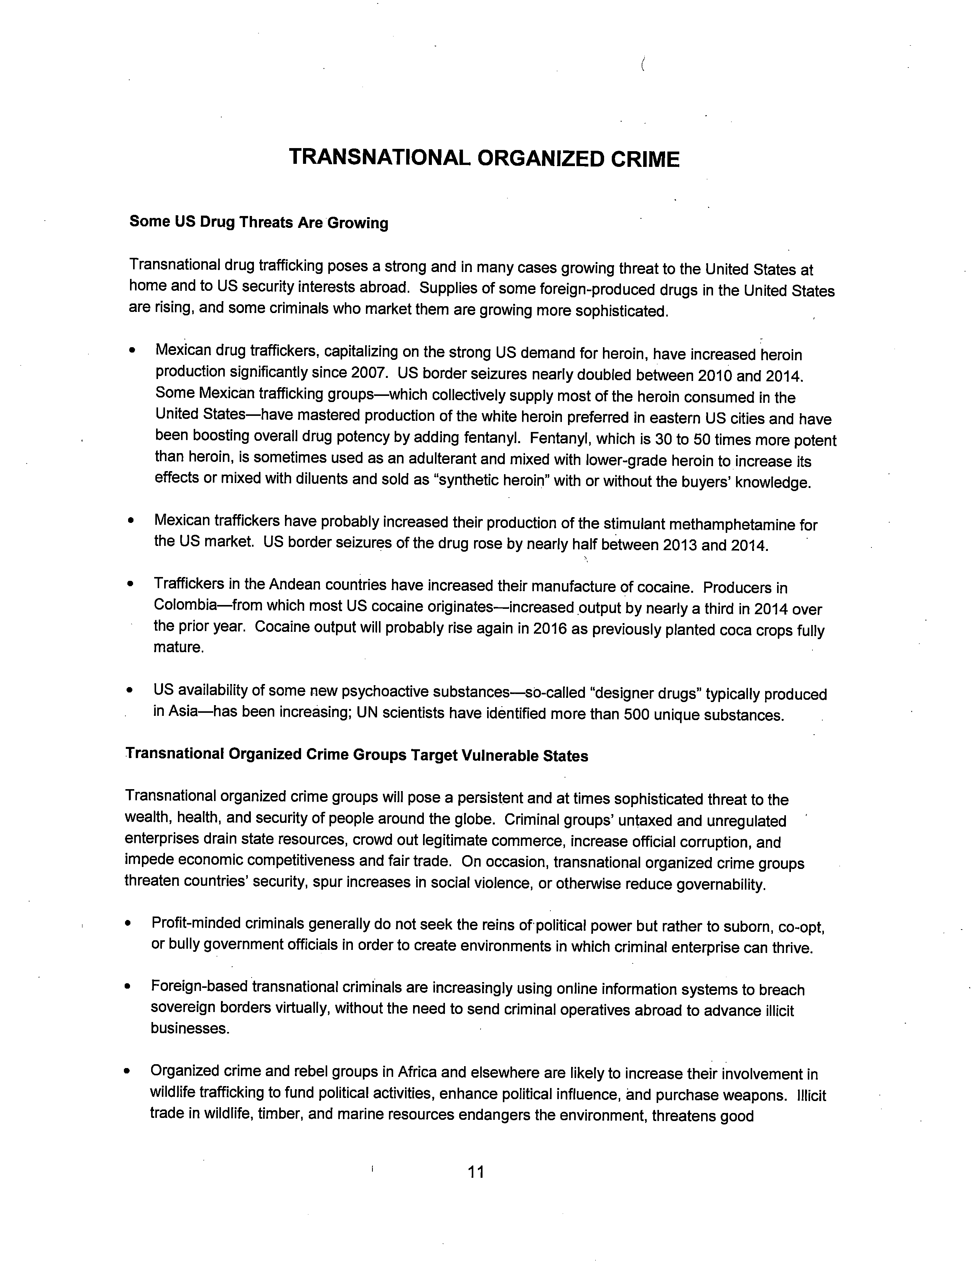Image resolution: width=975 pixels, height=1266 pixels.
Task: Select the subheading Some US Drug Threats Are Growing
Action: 259,223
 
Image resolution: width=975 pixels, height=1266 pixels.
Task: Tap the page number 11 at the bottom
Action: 475,1172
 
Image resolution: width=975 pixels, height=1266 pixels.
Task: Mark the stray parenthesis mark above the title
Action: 643,64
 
